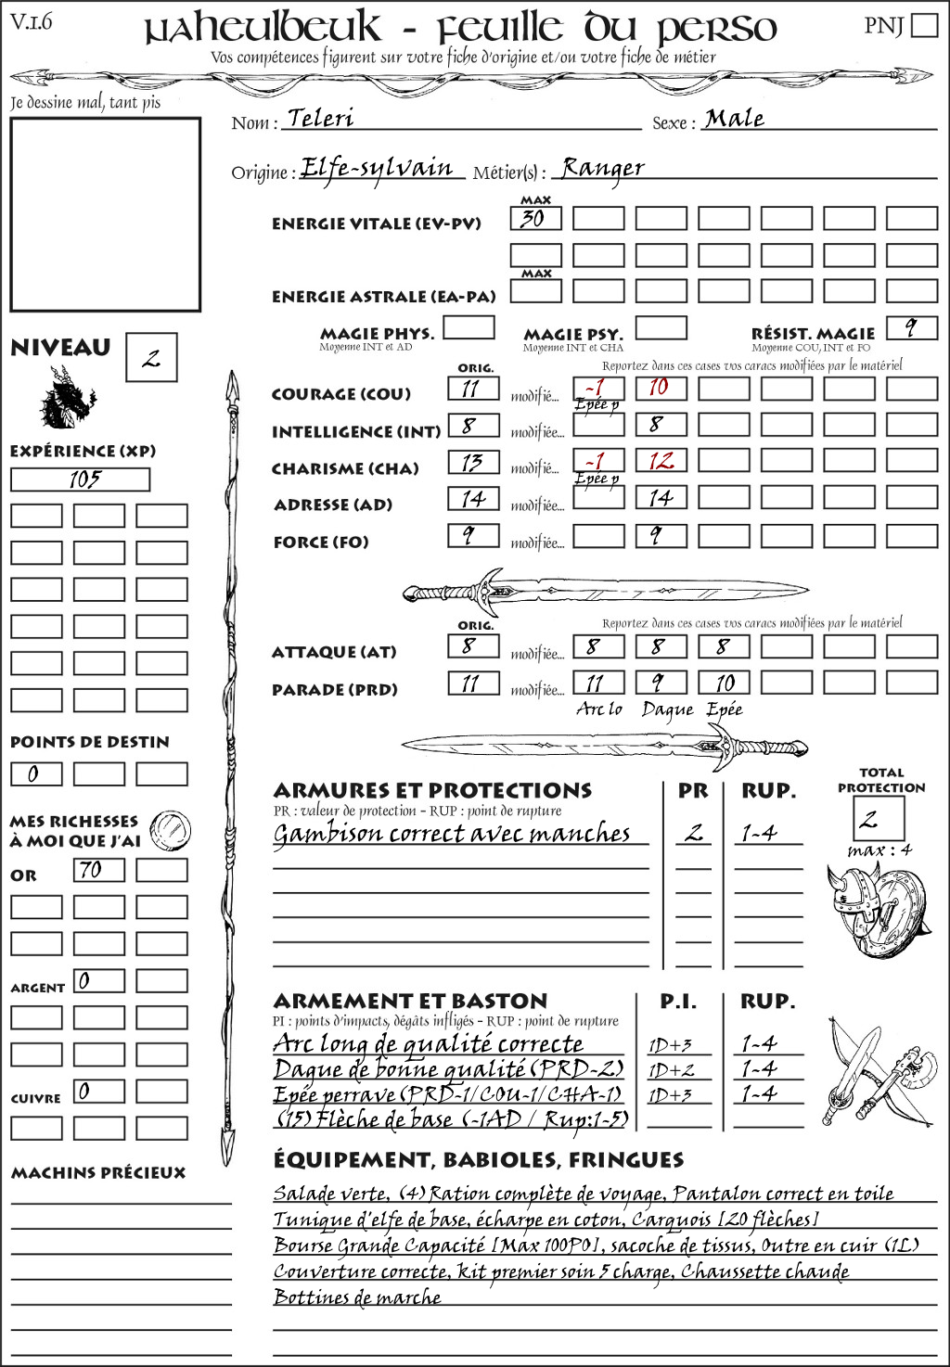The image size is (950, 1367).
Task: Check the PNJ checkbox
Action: click(x=925, y=25)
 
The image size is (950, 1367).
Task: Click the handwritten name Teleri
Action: click(x=320, y=118)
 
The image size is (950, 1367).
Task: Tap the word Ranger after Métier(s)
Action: click(x=603, y=168)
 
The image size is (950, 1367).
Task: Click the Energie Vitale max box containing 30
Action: click(x=535, y=219)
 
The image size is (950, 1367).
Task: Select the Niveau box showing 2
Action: click(x=151, y=358)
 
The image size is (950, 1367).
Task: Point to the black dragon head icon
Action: click(x=68, y=398)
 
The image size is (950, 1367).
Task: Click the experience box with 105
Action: click(x=80, y=479)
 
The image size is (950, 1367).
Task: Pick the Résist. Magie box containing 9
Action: click(x=911, y=327)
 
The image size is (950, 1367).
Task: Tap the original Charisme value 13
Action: click(x=473, y=462)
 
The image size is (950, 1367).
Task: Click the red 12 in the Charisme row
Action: click(x=661, y=461)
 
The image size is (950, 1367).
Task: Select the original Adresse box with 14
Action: click(x=473, y=499)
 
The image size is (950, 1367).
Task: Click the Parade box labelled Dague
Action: click(x=661, y=683)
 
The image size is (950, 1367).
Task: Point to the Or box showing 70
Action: click(x=99, y=870)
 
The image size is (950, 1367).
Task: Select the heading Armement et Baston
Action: click(x=410, y=1001)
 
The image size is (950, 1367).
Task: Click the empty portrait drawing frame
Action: click(x=105, y=214)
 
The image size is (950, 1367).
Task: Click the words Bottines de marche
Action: click(x=357, y=1297)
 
